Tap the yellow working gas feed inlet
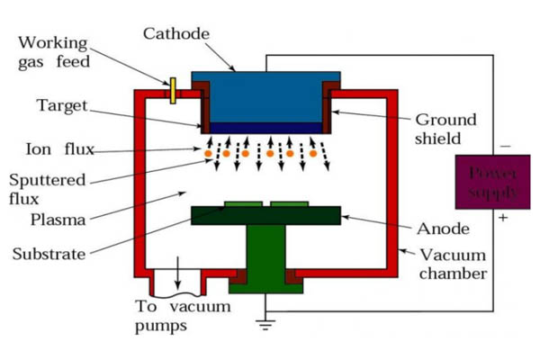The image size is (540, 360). click(x=172, y=90)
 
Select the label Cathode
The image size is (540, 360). click(x=175, y=34)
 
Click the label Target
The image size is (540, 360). click(x=62, y=105)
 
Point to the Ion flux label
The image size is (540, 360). click(x=56, y=148)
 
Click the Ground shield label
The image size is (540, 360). click(x=445, y=129)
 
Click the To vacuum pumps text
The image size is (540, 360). click(x=182, y=316)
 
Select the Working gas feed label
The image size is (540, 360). click(x=54, y=51)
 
